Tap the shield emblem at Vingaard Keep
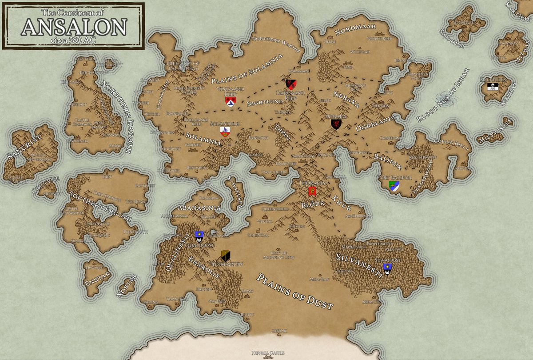(231, 102)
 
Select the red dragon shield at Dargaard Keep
(291, 84)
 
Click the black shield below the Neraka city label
(336, 124)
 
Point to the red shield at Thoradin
(312, 192)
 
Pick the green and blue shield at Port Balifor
(394, 187)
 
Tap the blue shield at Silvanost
(387, 268)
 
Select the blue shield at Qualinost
(199, 235)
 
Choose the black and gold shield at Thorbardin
(226, 255)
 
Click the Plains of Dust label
(294, 292)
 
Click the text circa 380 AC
(74, 40)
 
